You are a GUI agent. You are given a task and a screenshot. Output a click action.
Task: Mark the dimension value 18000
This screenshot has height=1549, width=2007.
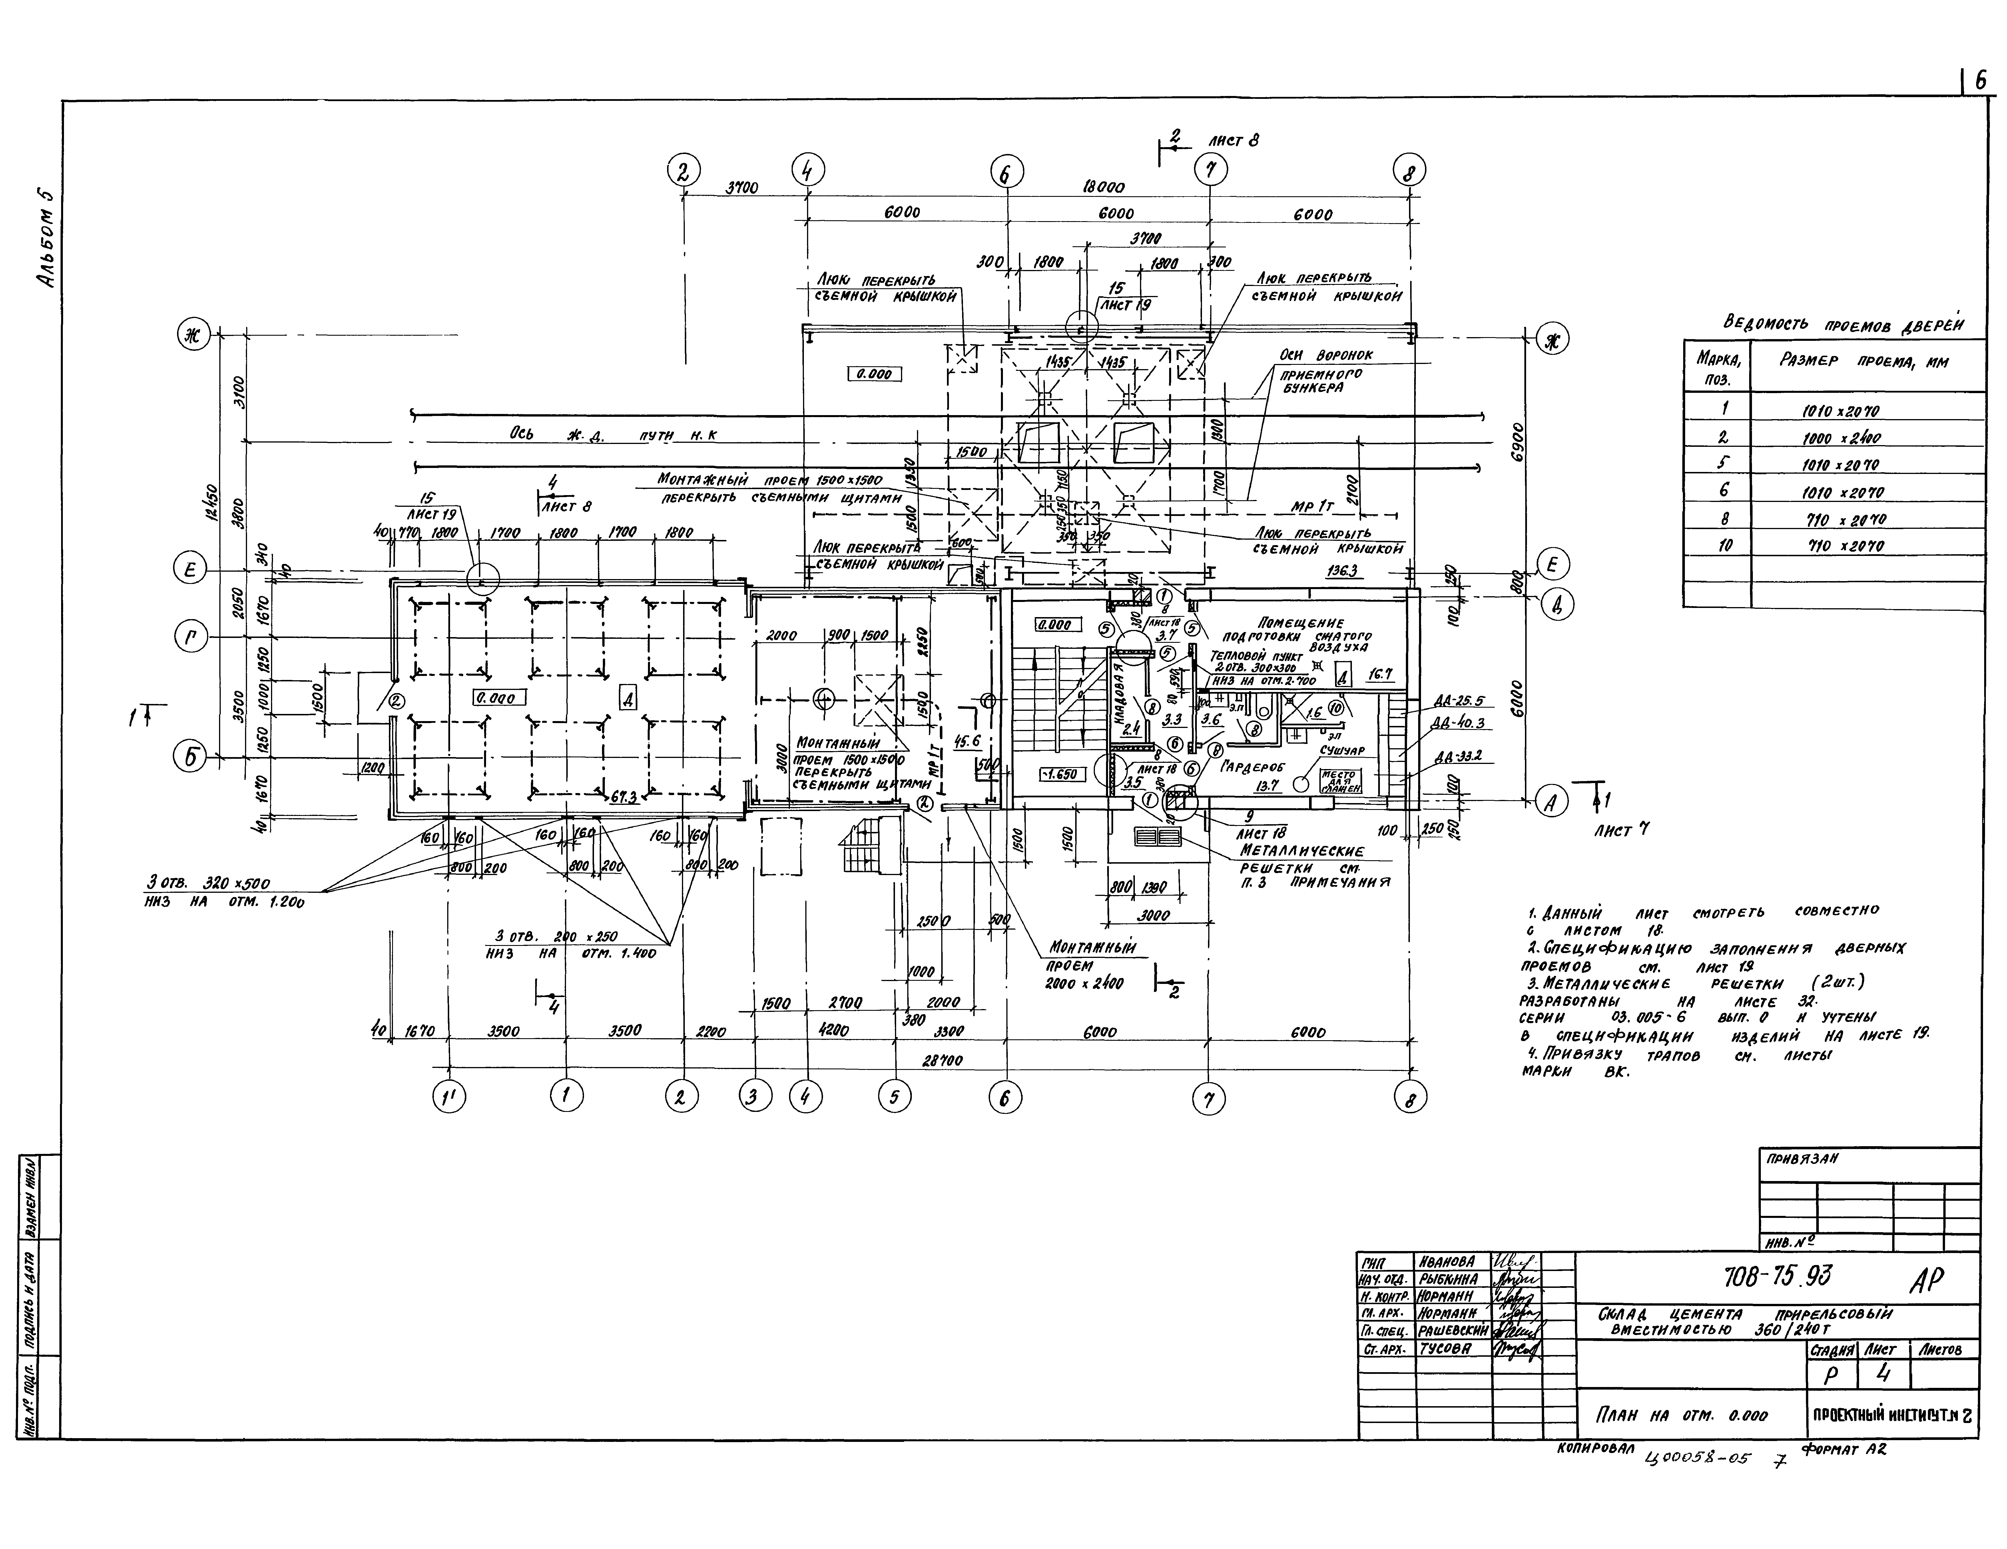(1103, 187)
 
